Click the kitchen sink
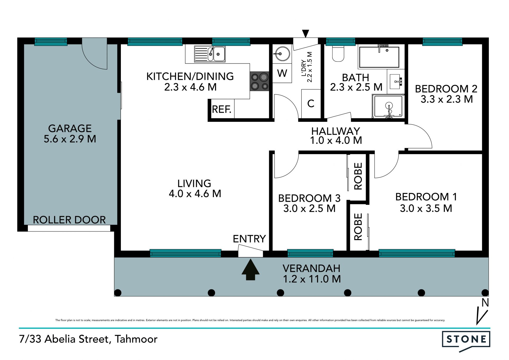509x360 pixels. tap(210, 54)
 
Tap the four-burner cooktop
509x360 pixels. tap(260, 81)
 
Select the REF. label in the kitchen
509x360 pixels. tap(222, 109)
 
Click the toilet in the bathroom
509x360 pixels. tap(338, 54)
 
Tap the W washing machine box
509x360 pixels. tap(282, 73)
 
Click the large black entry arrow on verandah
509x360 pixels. tap(251, 270)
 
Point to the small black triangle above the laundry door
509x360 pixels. tap(306, 33)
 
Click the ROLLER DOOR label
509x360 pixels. tap(69, 220)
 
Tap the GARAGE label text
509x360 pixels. tap(70, 128)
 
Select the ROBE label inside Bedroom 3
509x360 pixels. tap(358, 176)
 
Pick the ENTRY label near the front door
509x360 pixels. tap(249, 239)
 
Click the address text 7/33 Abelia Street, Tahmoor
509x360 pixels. tap(88, 339)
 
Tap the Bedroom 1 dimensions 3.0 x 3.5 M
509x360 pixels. tap(426, 208)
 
